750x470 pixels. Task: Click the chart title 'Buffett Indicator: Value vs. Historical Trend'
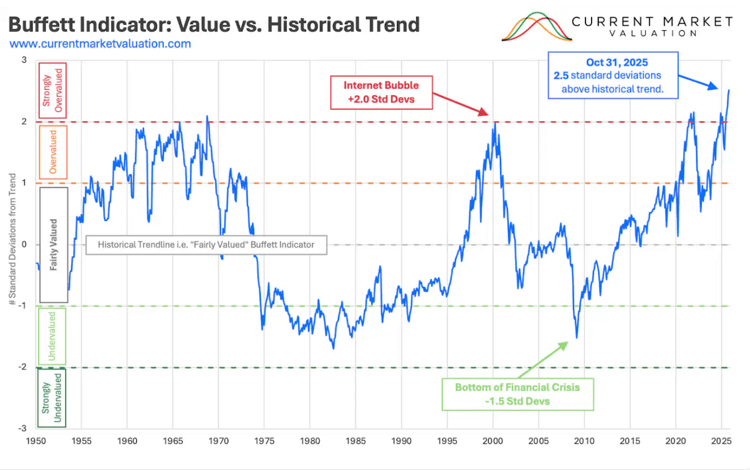point(214,25)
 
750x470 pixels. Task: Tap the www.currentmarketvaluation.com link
point(101,44)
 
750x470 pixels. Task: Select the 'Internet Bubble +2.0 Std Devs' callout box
point(381,92)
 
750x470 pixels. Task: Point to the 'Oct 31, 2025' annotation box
point(613,75)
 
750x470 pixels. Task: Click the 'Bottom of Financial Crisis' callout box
point(517,393)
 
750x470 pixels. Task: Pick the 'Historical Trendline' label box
point(205,245)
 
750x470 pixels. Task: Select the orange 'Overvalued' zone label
point(52,152)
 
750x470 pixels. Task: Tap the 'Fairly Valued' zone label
point(53,245)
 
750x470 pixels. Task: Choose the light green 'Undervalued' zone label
point(52,336)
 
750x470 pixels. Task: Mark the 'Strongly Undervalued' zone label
point(52,398)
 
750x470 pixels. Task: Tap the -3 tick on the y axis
point(24,428)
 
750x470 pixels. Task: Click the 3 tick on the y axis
point(24,60)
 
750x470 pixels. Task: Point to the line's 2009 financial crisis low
point(577,337)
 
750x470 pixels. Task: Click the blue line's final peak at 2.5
point(728,90)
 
